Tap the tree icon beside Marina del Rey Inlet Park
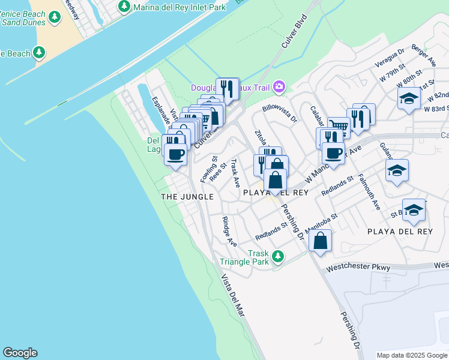[124, 7]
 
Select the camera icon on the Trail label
[279, 88]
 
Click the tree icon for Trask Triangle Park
[277, 256]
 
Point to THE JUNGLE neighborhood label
[187, 197]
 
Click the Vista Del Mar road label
[234, 295]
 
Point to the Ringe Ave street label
[229, 231]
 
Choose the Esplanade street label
[161, 111]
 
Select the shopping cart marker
[339, 127]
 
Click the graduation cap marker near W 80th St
[409, 98]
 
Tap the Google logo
[20, 353]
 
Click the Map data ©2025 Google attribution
[411, 355]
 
